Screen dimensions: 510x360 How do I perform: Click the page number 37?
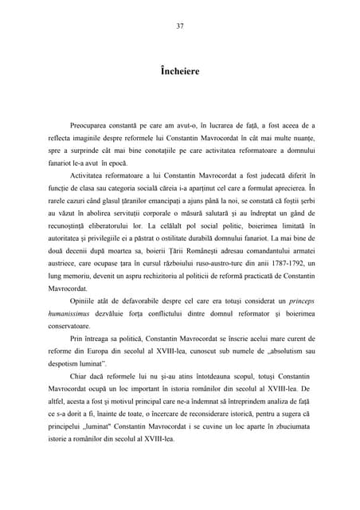click(x=180, y=26)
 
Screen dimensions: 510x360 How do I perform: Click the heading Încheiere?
click(x=180, y=72)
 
